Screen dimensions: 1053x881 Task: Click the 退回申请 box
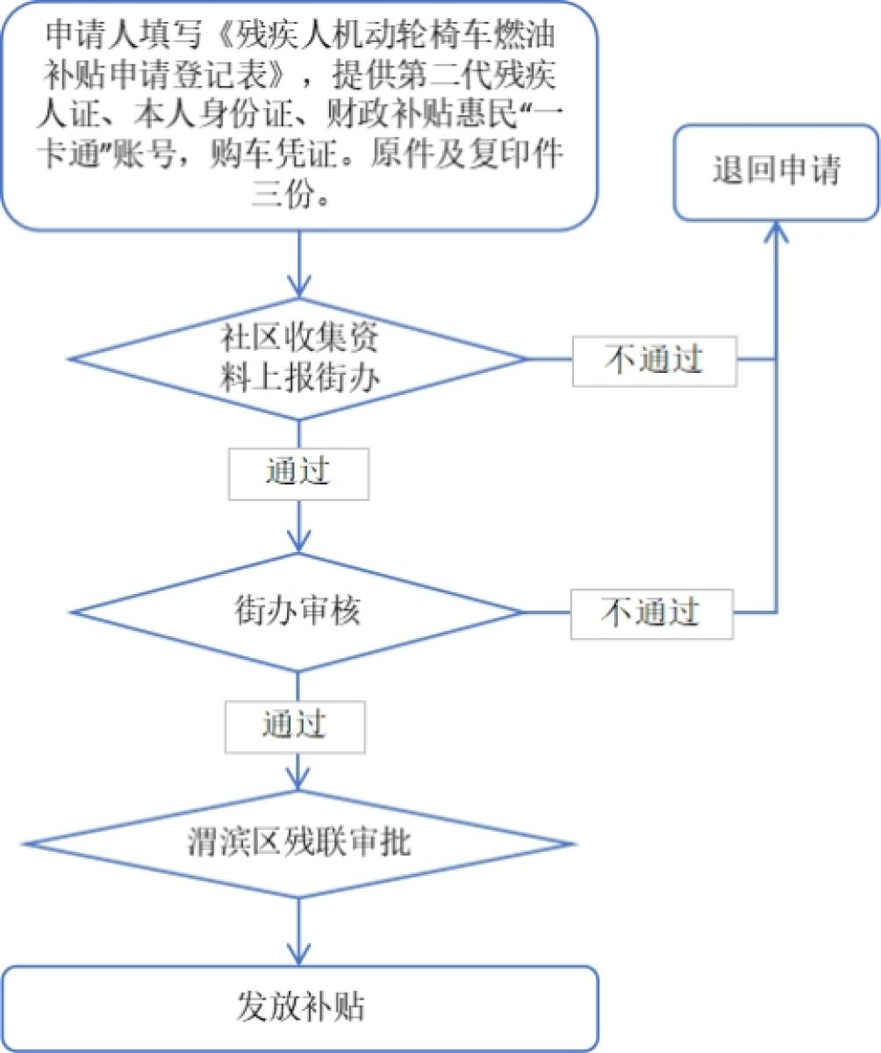[x=776, y=171]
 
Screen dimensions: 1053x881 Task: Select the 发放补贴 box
[x=300, y=1007]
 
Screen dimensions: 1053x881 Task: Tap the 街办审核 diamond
[x=298, y=611]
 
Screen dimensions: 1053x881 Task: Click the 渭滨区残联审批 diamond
[x=298, y=844]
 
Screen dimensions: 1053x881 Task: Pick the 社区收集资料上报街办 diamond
[x=298, y=359]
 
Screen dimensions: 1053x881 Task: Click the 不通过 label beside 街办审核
[x=650, y=612]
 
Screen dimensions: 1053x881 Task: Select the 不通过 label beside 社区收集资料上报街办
[x=655, y=360]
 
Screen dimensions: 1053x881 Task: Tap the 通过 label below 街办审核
[x=294, y=726]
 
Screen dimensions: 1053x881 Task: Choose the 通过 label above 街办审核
[x=297, y=473]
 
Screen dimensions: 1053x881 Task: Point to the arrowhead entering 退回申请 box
[x=776, y=230]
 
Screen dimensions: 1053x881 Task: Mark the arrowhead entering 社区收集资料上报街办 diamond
[x=299, y=285]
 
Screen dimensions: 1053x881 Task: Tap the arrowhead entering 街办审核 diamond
[x=299, y=540]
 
